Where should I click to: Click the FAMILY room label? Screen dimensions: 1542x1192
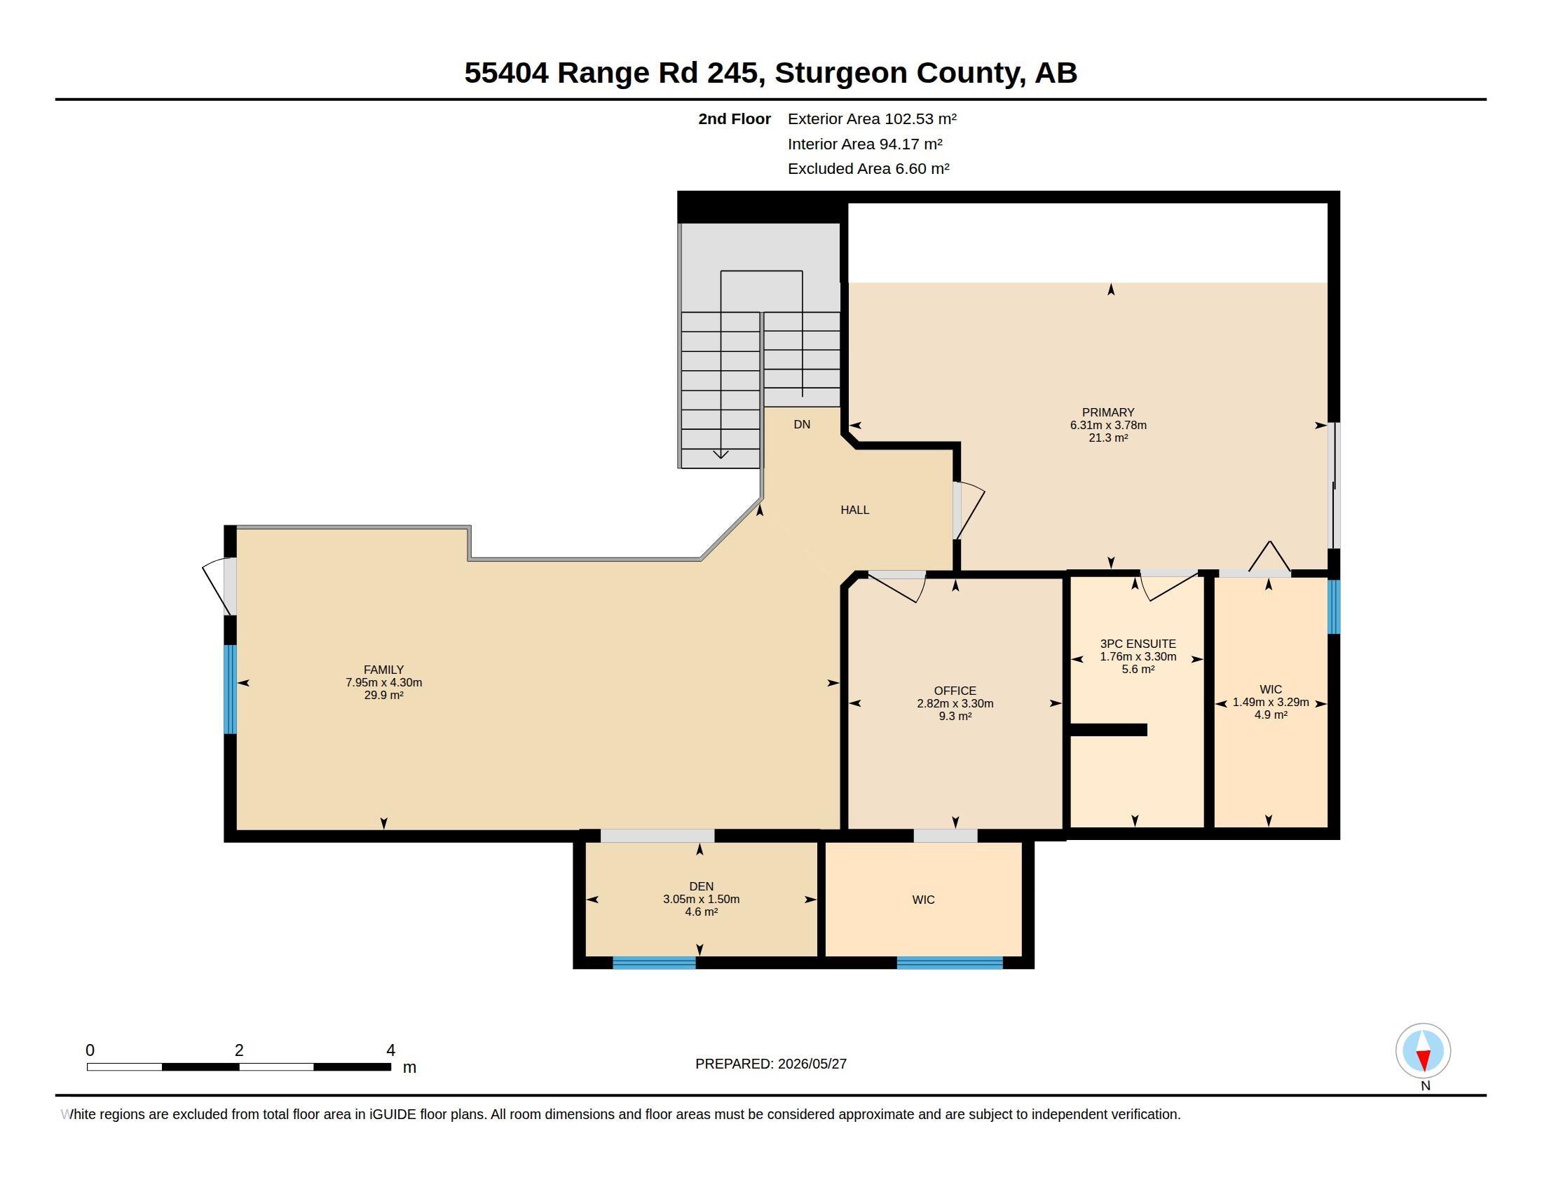[383, 670]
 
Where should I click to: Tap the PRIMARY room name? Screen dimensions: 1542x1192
[1107, 412]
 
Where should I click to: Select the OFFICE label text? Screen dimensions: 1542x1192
[955, 691]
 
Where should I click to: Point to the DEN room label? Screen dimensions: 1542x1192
[701, 886]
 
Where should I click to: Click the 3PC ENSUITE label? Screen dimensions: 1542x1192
[1138, 644]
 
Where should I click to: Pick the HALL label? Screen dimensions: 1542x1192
[854, 510]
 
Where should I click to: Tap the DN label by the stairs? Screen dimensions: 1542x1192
[801, 424]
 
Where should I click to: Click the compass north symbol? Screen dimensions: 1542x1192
[1423, 1052]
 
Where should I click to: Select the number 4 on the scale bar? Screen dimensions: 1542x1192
[390, 1050]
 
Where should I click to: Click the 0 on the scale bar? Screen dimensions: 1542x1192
[90, 1050]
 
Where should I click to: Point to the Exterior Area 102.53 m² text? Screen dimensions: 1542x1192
[872, 118]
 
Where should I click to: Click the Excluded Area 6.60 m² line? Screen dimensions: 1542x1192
[868, 169]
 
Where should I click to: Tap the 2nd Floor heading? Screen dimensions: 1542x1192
[735, 118]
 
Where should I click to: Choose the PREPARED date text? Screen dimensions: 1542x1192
[770, 1064]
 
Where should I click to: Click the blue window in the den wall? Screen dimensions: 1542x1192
[654, 963]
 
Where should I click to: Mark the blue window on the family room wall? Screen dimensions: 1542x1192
[230, 689]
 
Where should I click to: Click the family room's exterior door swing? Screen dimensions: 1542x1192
[216, 586]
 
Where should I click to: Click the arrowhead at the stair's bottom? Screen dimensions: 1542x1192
[720, 454]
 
